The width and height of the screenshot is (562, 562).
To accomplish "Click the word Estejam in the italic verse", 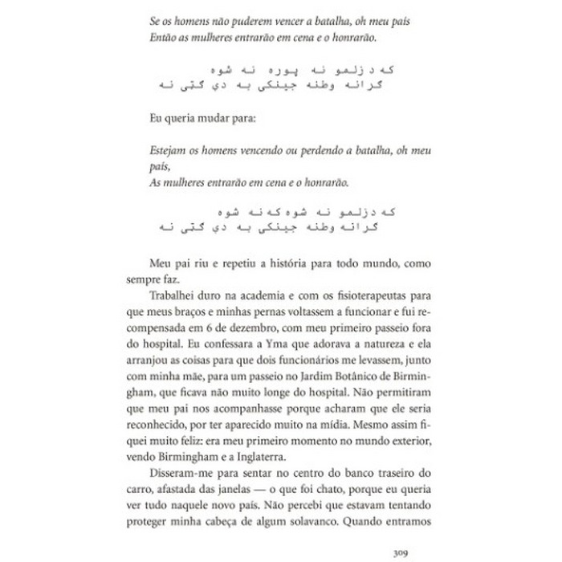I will [x=169, y=150].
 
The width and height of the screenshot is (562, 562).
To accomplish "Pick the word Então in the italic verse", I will [x=164, y=37].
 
